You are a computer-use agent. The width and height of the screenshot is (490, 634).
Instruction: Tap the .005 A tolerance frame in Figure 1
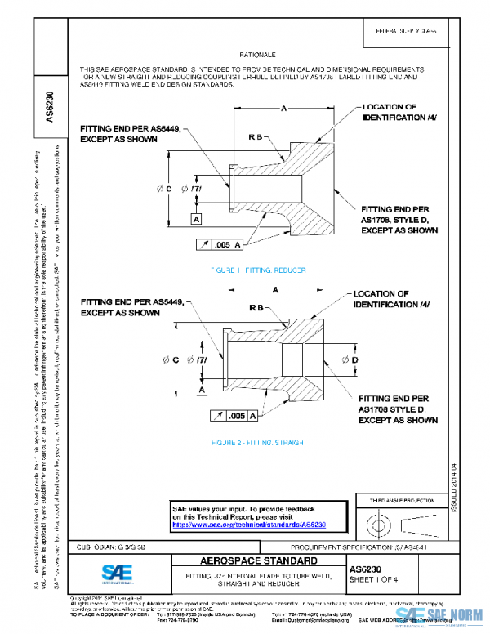[221, 244]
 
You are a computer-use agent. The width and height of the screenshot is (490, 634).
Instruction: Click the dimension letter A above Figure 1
[283, 108]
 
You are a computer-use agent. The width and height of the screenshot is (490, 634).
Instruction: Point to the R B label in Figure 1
[254, 138]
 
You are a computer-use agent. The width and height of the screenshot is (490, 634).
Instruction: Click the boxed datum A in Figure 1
[197, 219]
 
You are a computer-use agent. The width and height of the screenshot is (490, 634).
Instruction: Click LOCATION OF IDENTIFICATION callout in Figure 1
[400, 112]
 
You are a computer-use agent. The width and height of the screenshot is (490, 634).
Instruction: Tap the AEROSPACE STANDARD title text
[248, 561]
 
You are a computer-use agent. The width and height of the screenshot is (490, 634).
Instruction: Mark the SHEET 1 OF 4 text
[376, 579]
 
